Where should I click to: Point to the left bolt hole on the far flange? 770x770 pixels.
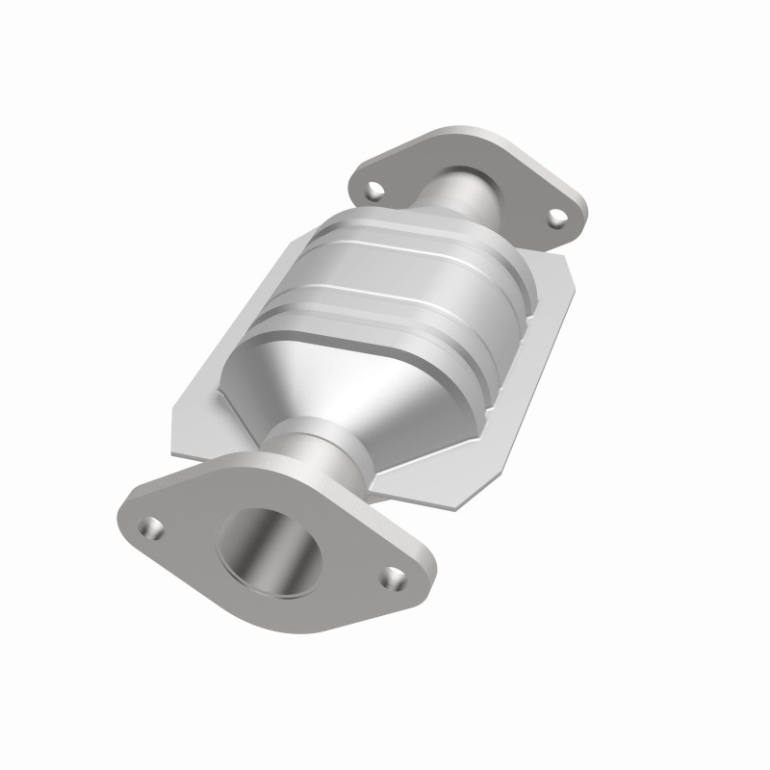pos(374,190)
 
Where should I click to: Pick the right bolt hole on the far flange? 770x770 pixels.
pos(556,219)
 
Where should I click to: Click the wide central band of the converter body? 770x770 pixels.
pos(404,289)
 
